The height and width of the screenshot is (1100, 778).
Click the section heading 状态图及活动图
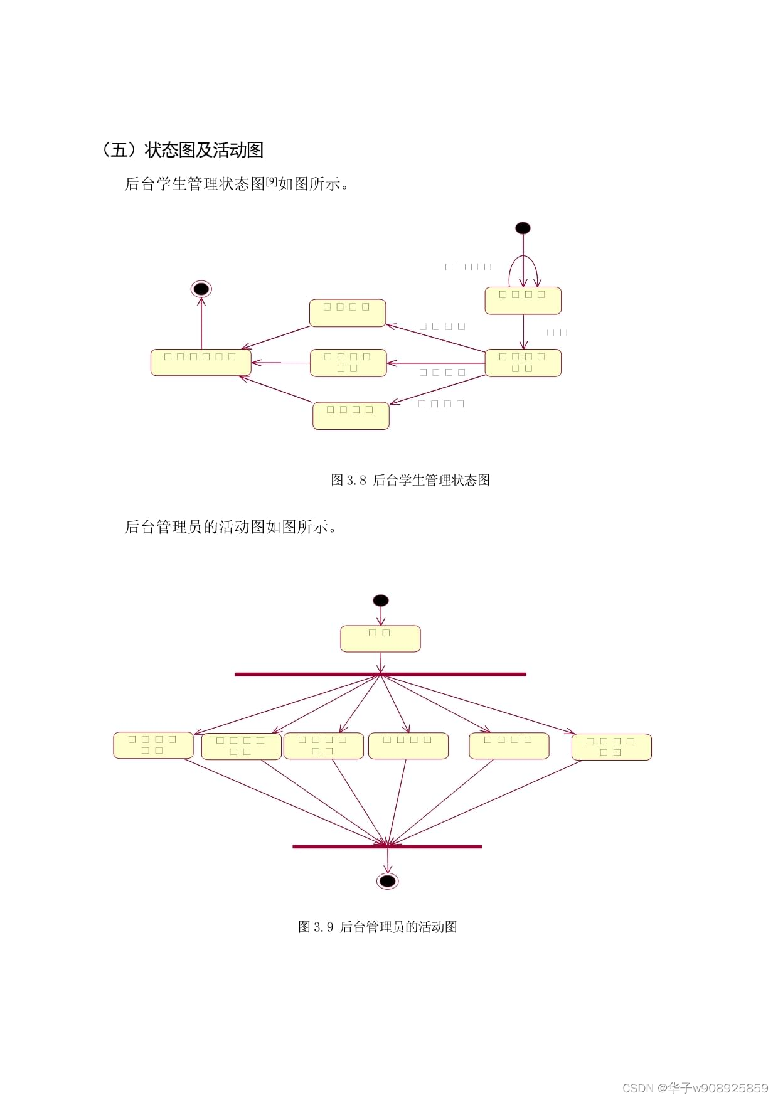pyautogui.click(x=182, y=150)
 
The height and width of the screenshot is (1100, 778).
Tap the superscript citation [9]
pyautogui.click(x=271, y=181)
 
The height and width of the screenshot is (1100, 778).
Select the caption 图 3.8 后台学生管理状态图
pyautogui.click(x=410, y=480)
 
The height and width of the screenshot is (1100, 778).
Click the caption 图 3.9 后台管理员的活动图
pyautogui.click(x=377, y=927)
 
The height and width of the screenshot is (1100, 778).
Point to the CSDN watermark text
pyautogui.click(x=695, y=1087)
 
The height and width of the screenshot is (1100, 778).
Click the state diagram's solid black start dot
pyautogui.click(x=523, y=228)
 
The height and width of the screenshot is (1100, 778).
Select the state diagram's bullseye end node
pyautogui.click(x=201, y=289)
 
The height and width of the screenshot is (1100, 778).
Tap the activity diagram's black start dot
pyautogui.click(x=380, y=601)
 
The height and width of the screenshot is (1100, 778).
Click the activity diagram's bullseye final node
pyautogui.click(x=388, y=881)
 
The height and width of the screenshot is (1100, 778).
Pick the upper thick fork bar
pyautogui.click(x=380, y=675)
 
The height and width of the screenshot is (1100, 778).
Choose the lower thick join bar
pyautogui.click(x=387, y=846)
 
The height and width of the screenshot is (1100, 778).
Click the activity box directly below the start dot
pyautogui.click(x=380, y=639)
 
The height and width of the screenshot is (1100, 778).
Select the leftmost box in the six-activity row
pyautogui.click(x=153, y=745)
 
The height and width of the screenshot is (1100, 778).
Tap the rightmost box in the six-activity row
pyautogui.click(x=612, y=747)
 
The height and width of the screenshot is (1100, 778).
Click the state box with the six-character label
pyautogui.click(x=201, y=363)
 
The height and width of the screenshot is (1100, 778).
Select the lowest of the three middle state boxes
pyautogui.click(x=351, y=415)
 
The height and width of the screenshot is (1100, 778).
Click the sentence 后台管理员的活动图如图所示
pyautogui.click(x=230, y=526)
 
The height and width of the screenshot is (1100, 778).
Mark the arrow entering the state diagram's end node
pyautogui.click(x=201, y=323)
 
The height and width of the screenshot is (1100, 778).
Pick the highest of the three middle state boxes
pyautogui.click(x=348, y=313)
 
